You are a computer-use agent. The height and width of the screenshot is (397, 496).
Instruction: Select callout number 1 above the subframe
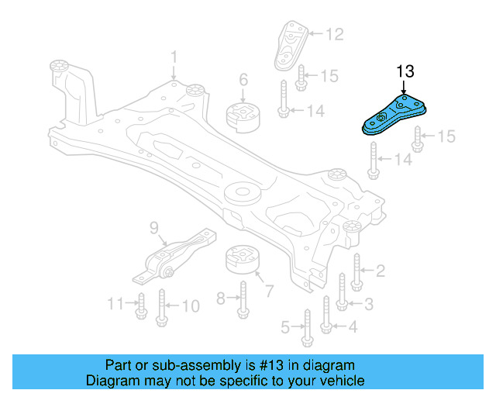click(x=174, y=57)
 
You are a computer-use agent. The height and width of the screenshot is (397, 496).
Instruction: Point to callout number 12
click(x=333, y=34)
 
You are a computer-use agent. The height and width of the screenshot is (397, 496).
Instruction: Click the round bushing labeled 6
click(x=240, y=116)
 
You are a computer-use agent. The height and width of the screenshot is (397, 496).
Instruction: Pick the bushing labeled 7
click(x=241, y=261)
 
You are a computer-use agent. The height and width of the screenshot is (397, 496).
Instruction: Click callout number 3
click(x=369, y=303)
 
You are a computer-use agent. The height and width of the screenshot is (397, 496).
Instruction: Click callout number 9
click(x=153, y=226)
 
